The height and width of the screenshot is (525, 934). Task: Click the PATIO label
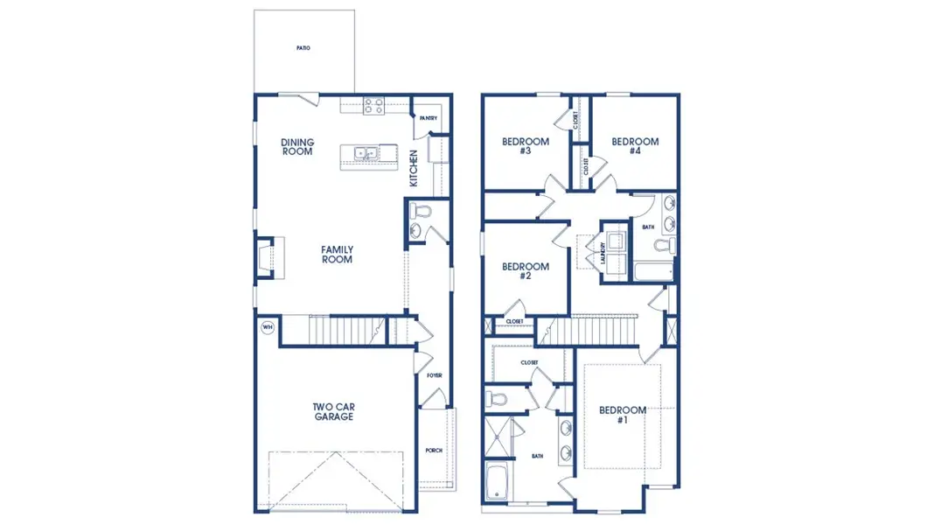tap(303, 48)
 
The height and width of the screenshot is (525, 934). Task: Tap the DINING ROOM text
tap(297, 146)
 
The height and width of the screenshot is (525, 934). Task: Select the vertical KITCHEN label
tap(415, 168)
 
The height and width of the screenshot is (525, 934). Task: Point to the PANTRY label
tap(428, 118)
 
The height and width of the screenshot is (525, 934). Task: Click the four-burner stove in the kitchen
tap(373, 106)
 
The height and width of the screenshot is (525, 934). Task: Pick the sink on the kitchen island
tap(366, 154)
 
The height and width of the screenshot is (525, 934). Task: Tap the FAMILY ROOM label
tap(337, 254)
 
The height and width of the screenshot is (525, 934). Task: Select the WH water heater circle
tap(267, 328)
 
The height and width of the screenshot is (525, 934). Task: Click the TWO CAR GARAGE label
tap(333, 411)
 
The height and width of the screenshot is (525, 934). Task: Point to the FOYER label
tap(435, 375)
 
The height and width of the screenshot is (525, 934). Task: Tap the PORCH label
tap(435, 450)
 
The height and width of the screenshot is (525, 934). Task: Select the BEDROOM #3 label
tap(525, 146)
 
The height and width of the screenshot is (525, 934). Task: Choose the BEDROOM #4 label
tap(634, 146)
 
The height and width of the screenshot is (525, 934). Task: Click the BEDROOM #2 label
tap(525, 271)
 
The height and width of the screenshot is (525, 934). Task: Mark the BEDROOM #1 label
tap(622, 415)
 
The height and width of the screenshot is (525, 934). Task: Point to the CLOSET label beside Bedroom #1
tap(529, 362)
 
